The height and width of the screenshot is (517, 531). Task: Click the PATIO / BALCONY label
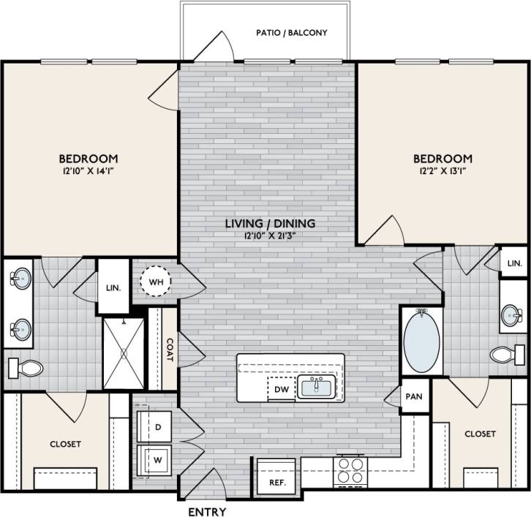[x=291, y=33]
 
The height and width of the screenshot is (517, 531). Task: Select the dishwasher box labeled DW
[x=282, y=390]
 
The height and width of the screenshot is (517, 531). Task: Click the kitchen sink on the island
[x=317, y=387]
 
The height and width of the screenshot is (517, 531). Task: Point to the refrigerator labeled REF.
[x=276, y=483]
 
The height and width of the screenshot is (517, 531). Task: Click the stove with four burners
[x=348, y=471]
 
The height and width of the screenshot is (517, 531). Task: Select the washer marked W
[x=157, y=460]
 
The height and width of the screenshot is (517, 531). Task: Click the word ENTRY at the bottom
[x=208, y=511]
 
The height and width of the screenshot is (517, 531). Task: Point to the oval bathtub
[x=422, y=341]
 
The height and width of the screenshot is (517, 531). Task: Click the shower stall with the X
[x=123, y=353]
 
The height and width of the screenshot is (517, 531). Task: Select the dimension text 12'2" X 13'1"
[x=442, y=172]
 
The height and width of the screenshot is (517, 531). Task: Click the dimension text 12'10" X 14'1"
[x=88, y=172]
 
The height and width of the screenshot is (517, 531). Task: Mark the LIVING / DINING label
[x=270, y=223]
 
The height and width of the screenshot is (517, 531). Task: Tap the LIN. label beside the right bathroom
[x=515, y=263]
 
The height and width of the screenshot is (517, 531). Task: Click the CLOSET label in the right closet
[x=480, y=434]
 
